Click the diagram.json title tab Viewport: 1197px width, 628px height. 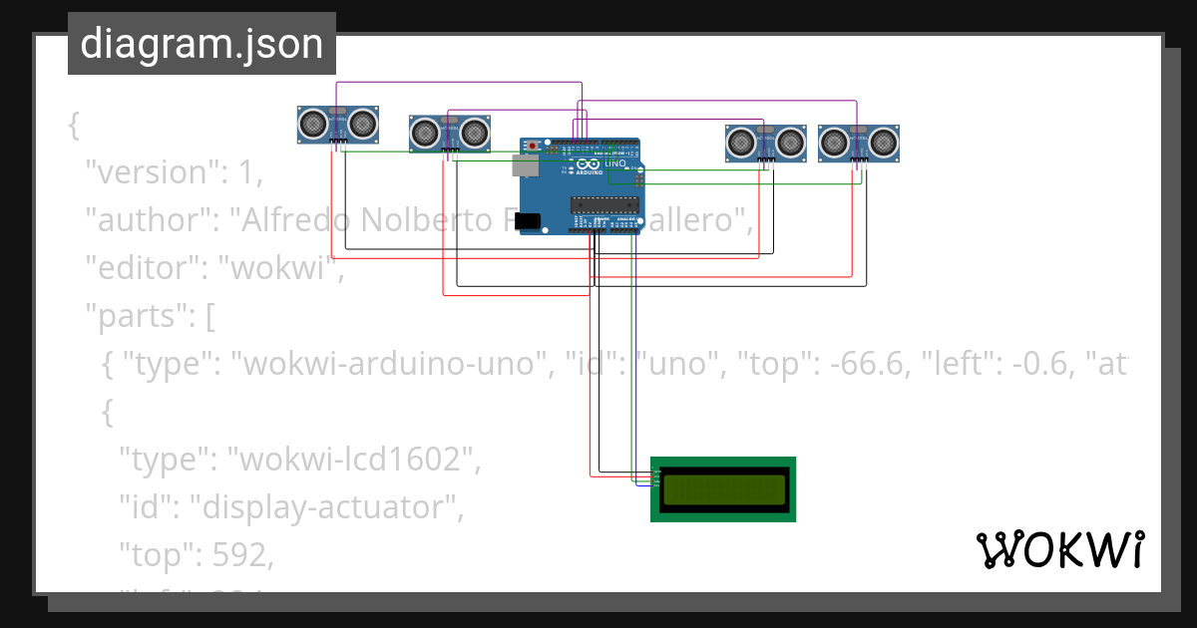201,45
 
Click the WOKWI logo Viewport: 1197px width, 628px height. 1059,550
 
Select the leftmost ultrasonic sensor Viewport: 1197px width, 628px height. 338,124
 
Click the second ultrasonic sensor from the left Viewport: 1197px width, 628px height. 450,133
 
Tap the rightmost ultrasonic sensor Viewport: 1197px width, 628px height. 859,143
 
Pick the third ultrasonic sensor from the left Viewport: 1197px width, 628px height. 765,143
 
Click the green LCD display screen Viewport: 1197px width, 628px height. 723,488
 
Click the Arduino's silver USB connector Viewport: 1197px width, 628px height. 523,164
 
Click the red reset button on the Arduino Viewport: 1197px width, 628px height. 533,147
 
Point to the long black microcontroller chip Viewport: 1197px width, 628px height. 603,204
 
